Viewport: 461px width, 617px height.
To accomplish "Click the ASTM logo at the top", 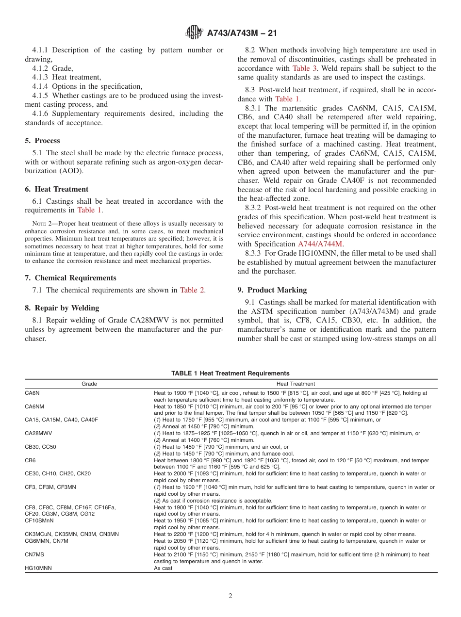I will [194, 33].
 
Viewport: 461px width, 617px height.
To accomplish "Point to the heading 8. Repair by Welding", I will [62, 308].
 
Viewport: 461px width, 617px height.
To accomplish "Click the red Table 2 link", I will [192, 290].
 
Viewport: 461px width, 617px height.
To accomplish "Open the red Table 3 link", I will [304, 68].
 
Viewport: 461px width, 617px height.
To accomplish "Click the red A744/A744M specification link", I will [320, 244].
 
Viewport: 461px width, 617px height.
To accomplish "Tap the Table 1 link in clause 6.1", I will [90, 210].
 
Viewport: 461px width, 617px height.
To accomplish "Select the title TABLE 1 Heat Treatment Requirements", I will [230, 373].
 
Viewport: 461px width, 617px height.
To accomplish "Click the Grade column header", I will [89, 384].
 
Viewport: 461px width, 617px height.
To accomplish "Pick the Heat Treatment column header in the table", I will [295, 384].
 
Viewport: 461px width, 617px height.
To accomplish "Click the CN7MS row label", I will [34, 554].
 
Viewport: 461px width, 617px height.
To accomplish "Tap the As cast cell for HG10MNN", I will [163, 568].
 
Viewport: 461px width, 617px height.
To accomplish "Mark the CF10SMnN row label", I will [39, 520].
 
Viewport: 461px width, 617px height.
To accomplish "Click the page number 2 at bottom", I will [230, 596].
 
